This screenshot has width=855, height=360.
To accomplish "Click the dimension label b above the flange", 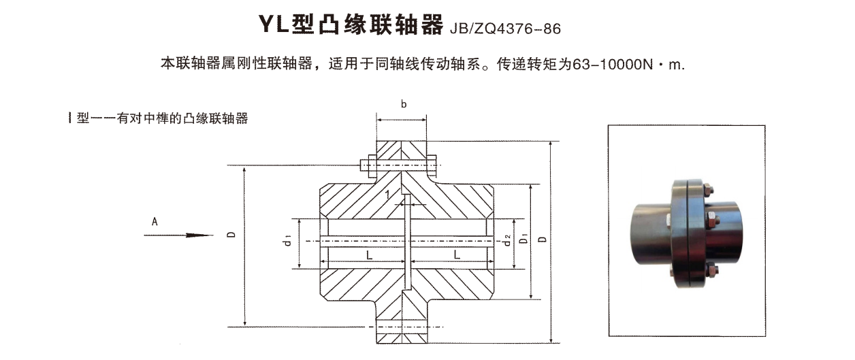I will pyautogui.click(x=404, y=104).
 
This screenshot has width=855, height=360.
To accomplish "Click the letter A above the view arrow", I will pyautogui.click(x=155, y=221).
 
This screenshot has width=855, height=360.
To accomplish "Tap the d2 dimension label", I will pyautogui.click(x=507, y=240).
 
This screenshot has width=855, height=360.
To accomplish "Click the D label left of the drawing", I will pyautogui.click(x=232, y=234).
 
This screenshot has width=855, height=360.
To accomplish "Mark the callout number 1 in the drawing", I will pyautogui.click(x=387, y=195).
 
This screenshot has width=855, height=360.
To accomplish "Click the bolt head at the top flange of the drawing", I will pyautogui.click(x=364, y=164).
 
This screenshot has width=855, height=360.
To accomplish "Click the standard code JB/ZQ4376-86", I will pyautogui.click(x=506, y=29).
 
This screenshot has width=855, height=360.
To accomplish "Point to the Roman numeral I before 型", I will pyautogui.click(x=70, y=118).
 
